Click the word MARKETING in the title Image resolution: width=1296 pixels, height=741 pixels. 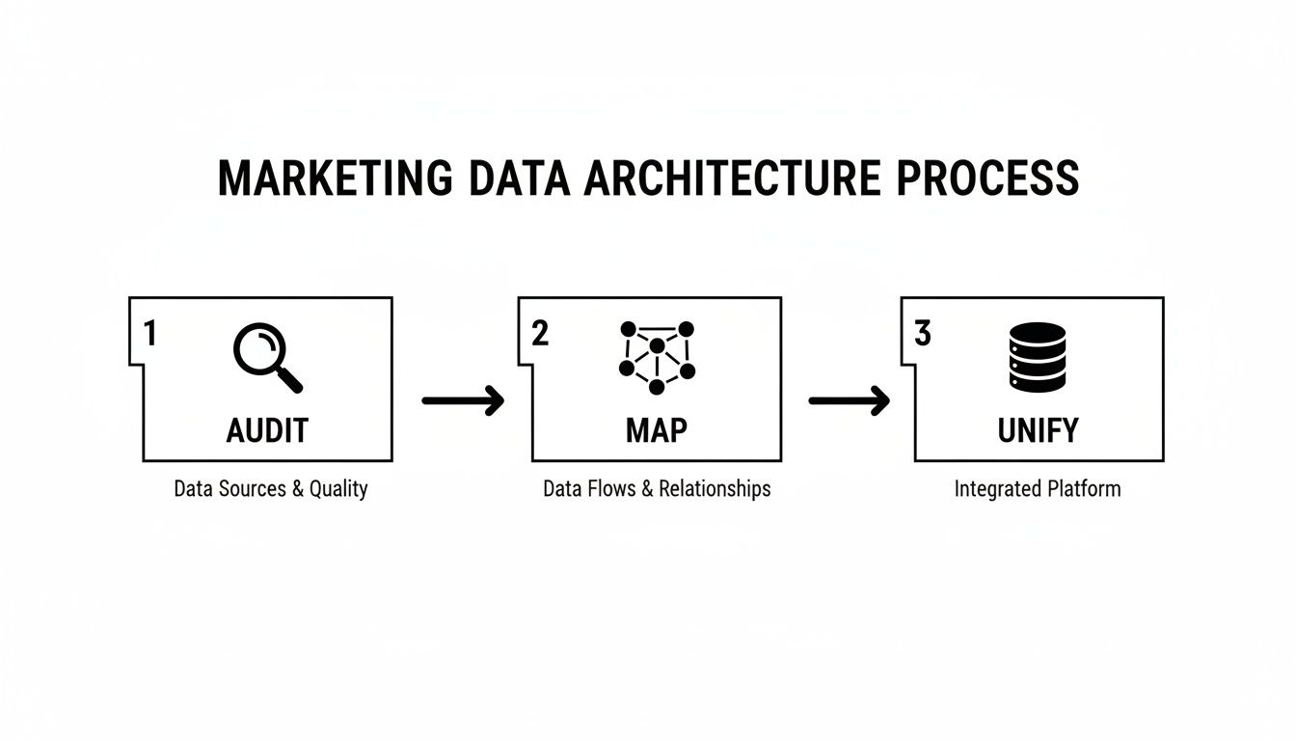click(335, 178)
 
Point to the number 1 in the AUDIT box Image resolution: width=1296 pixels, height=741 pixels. click(149, 333)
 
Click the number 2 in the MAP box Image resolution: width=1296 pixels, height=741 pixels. click(540, 333)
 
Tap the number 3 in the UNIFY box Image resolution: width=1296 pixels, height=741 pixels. click(923, 333)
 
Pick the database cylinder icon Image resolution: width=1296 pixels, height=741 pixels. click(1038, 357)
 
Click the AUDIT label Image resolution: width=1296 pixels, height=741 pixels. click(267, 430)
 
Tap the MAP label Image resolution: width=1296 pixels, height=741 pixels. click(657, 430)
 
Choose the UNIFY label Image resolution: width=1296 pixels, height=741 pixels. click(1038, 430)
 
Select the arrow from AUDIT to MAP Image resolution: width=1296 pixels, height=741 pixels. click(463, 399)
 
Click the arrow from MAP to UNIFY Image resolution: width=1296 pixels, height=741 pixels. click(849, 399)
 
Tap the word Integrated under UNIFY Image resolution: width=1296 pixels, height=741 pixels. click(993, 488)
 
